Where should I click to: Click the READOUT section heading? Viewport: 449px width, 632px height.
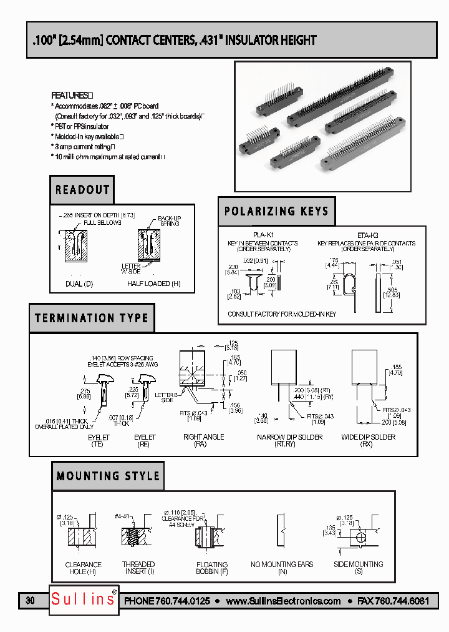pos(82,190)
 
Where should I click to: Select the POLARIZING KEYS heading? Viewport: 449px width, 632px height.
pos(276,211)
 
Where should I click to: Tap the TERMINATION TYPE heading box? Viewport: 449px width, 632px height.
pos(92,318)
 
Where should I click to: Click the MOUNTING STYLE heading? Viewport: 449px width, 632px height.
pos(108,476)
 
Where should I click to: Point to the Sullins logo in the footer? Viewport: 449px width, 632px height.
pos(83,600)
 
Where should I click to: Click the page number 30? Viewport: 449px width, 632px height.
pos(31,601)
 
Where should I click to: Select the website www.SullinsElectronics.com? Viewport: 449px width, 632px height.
pos(283,601)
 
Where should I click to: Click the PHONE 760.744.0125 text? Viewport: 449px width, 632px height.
pos(167,601)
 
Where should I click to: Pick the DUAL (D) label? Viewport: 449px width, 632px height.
pos(79,284)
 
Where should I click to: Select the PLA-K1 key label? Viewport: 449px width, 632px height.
pos(263,235)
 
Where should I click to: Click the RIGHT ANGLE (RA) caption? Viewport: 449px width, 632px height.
pos(203,441)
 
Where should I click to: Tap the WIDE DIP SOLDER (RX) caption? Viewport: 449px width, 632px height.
pos(368,441)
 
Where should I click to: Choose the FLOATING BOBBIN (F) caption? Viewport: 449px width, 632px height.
pos(212,568)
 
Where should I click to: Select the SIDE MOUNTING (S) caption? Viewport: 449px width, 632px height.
pos(358,568)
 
